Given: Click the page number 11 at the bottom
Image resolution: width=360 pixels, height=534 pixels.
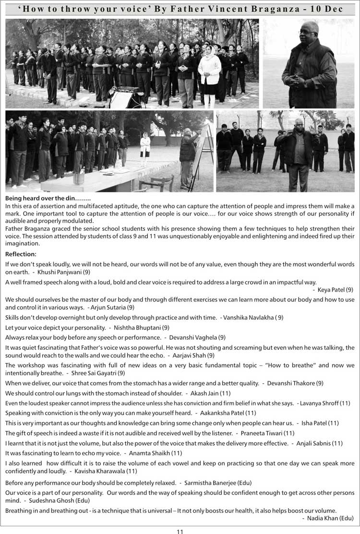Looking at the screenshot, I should click(180, 531).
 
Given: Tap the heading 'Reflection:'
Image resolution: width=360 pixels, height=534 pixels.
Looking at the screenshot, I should click(21, 254).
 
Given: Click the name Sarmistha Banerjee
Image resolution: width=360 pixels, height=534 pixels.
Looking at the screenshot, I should click(209, 483).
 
